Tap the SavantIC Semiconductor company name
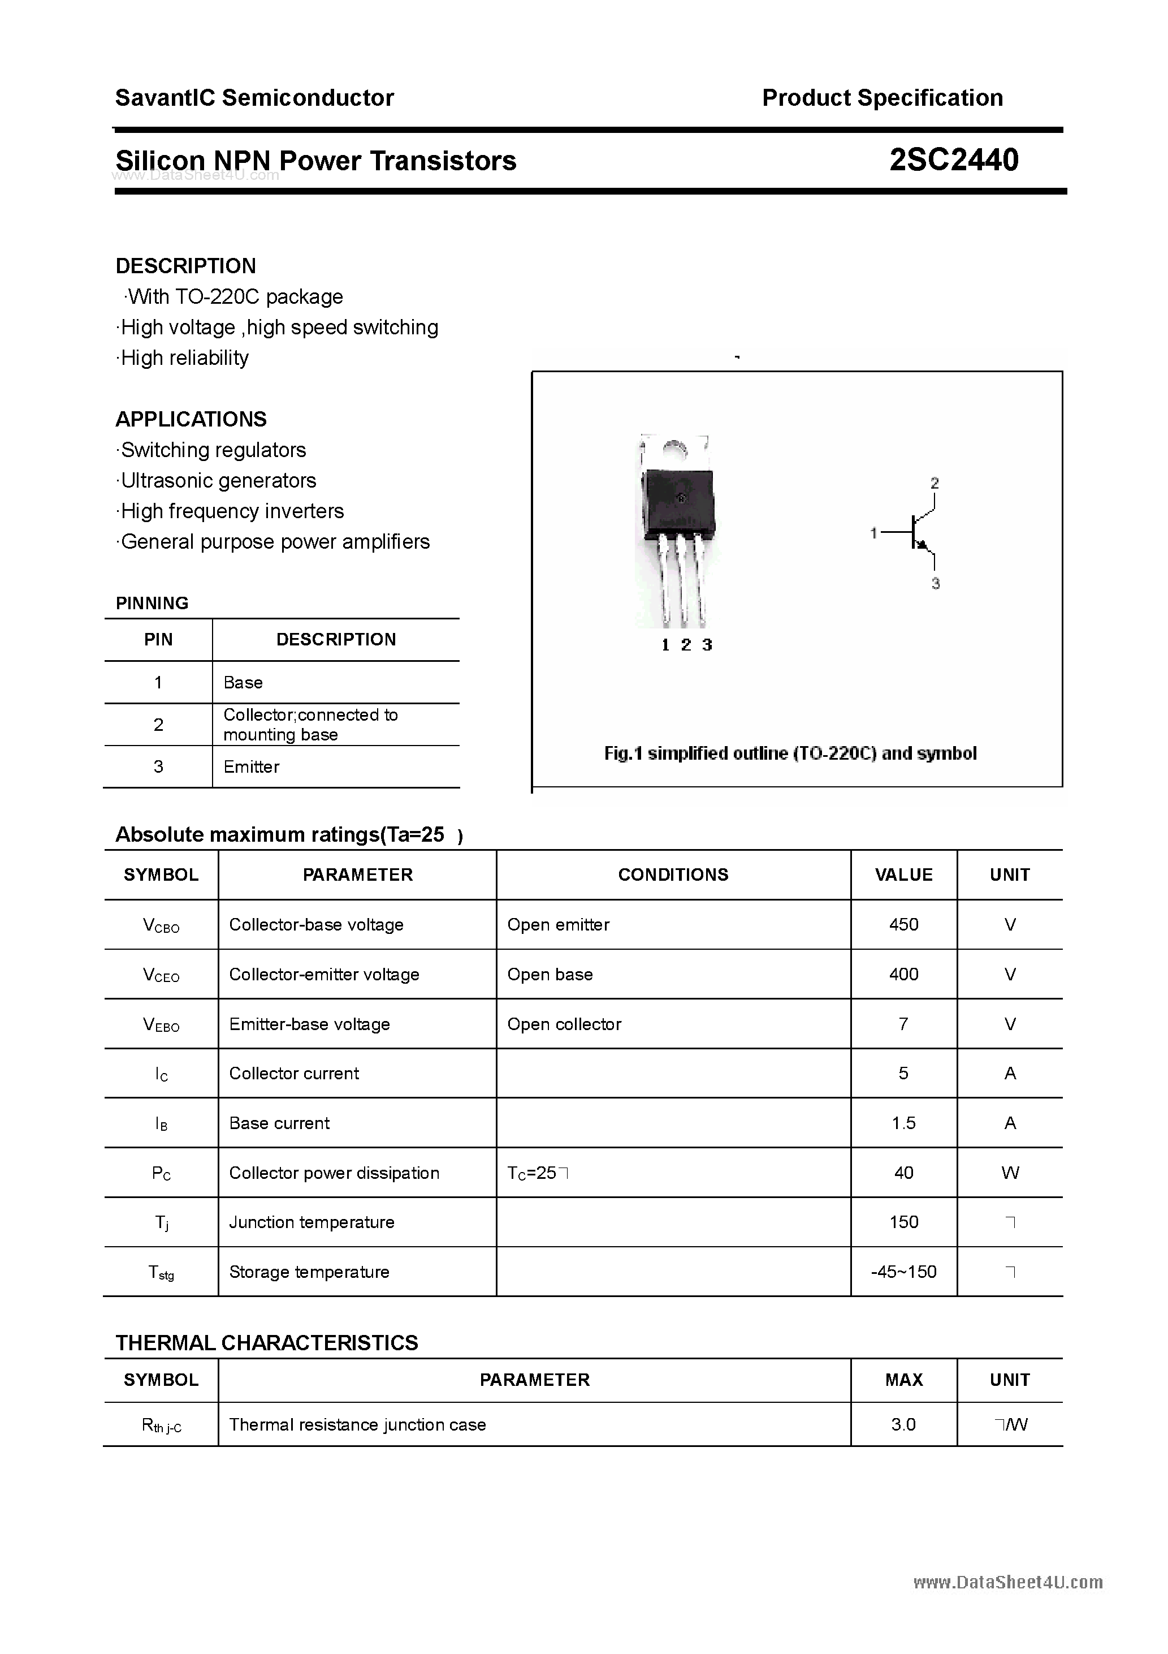(x=254, y=97)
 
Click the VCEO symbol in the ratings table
(x=161, y=975)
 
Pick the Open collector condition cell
(x=564, y=1024)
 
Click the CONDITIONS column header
(x=673, y=875)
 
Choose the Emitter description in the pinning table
(x=252, y=766)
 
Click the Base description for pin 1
(x=243, y=682)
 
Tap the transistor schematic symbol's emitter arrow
(x=920, y=545)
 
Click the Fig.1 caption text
(x=790, y=753)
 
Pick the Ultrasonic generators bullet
(x=218, y=480)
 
